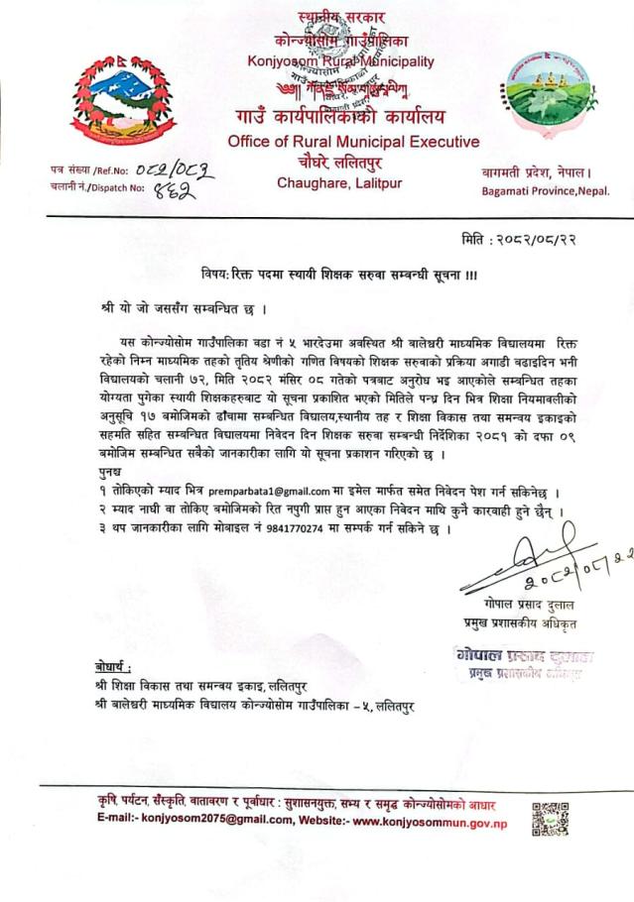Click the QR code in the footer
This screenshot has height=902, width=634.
click(x=551, y=820)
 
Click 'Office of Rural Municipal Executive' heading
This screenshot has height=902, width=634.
click(x=352, y=142)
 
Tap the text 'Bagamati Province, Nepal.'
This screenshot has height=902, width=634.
click(x=546, y=189)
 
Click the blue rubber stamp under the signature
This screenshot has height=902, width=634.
click(x=523, y=663)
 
